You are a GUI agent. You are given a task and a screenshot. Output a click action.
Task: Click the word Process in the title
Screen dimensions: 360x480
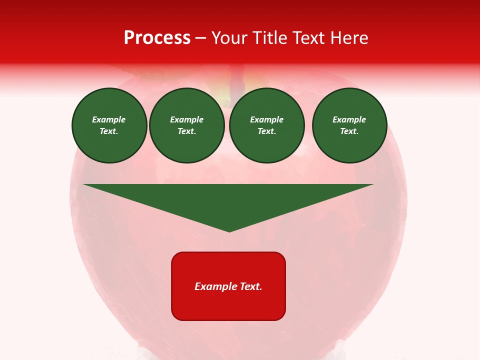tap(157, 38)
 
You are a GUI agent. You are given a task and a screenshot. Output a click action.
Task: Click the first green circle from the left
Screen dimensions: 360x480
tap(109, 125)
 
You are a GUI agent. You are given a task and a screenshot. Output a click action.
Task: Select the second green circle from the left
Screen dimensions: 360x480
tap(187, 125)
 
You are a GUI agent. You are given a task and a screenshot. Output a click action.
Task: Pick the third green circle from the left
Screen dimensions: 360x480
tap(267, 125)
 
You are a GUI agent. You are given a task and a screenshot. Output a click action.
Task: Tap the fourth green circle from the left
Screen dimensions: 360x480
tap(349, 125)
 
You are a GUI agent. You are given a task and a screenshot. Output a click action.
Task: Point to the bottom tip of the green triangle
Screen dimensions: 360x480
tap(229, 231)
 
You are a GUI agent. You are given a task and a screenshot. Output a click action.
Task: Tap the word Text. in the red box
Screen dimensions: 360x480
tap(250, 286)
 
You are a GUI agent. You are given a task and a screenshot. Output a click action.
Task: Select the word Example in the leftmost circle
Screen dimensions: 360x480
tap(109, 119)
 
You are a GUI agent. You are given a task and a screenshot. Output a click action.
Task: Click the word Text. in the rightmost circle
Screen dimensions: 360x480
tap(349, 131)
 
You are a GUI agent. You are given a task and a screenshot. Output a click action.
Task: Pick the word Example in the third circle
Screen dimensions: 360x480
tap(267, 119)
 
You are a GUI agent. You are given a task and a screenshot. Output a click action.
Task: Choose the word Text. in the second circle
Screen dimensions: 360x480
tap(187, 131)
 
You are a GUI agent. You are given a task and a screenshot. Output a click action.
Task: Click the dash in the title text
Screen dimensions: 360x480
tap(201, 38)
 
